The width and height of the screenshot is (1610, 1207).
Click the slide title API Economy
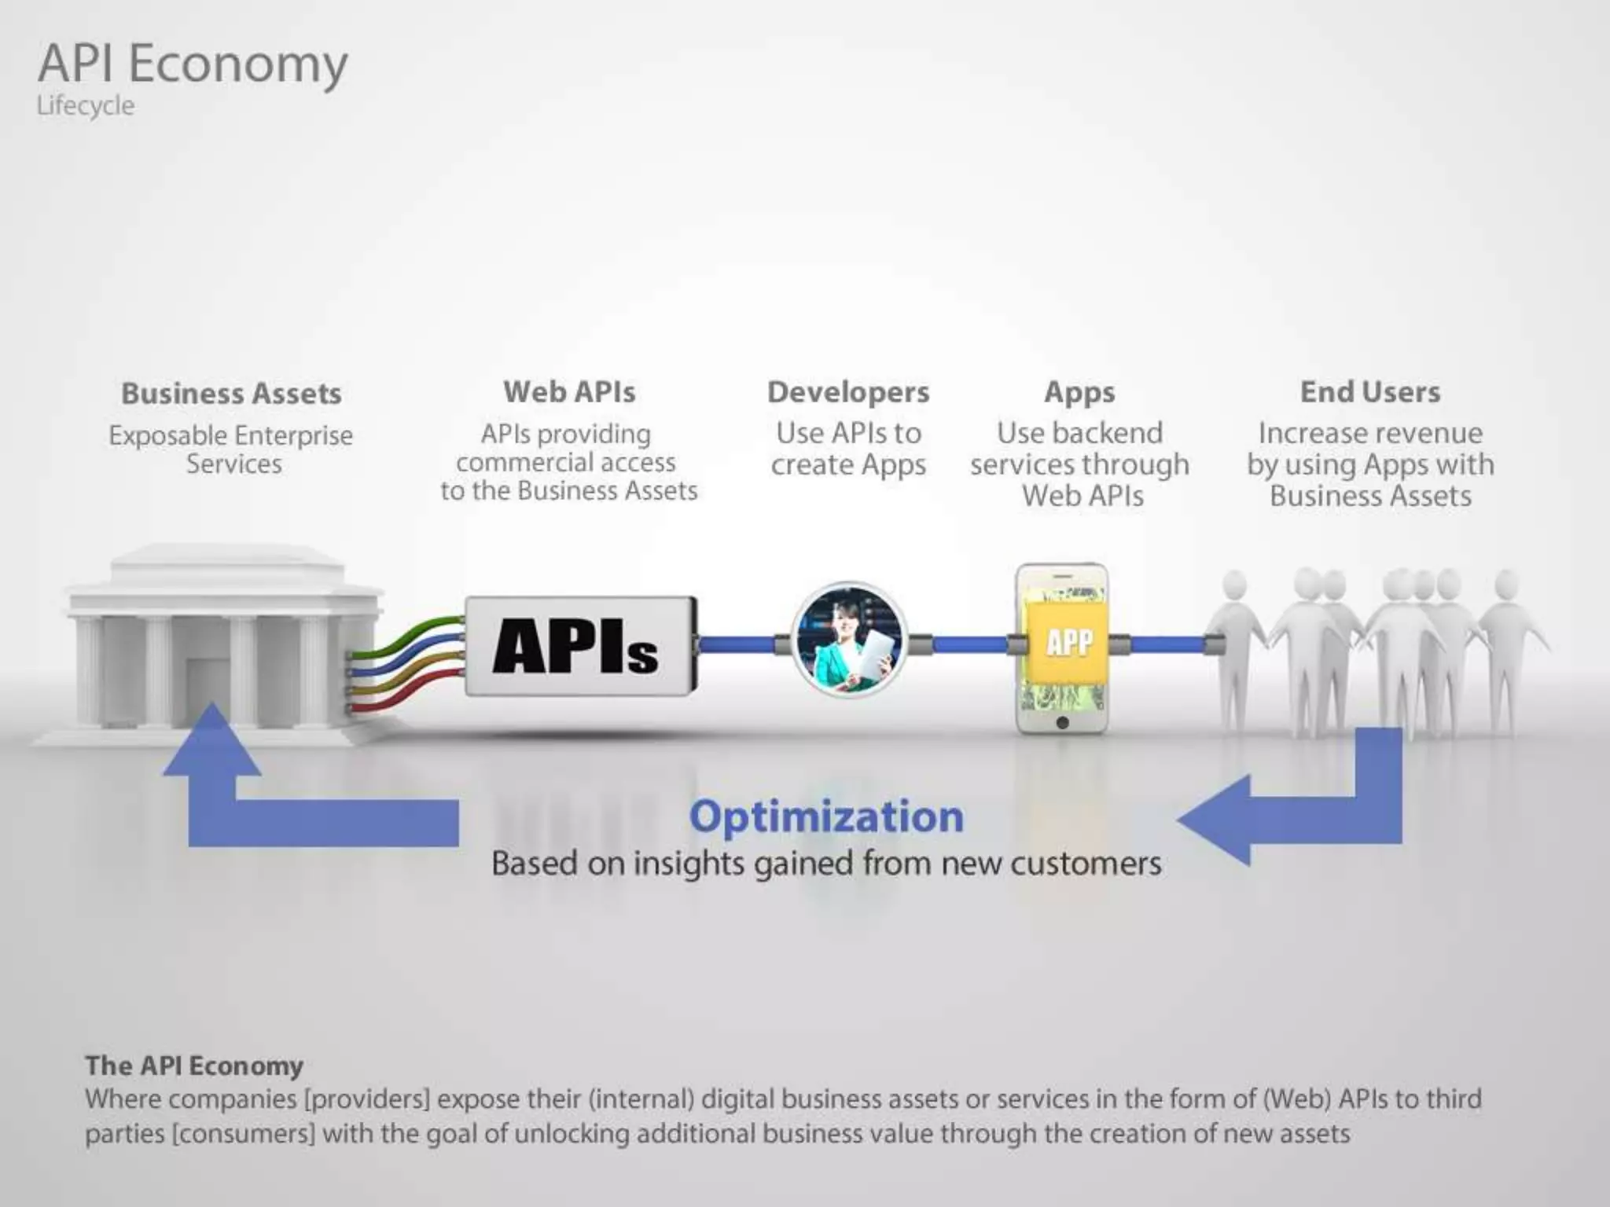click(x=193, y=64)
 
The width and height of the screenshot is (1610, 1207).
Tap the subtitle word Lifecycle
click(x=85, y=105)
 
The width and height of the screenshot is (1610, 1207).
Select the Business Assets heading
click(x=231, y=393)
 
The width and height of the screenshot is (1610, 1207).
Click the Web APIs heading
click(x=569, y=391)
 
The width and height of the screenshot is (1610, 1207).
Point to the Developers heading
click(x=848, y=391)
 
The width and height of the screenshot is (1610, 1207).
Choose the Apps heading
click(x=1079, y=392)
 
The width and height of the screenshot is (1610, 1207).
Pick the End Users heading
click(x=1370, y=391)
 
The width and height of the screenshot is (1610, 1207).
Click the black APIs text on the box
click(x=575, y=646)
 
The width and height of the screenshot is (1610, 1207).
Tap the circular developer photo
click(x=848, y=640)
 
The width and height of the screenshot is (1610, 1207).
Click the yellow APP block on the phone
click(x=1069, y=642)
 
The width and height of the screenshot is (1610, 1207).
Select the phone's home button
click(x=1062, y=723)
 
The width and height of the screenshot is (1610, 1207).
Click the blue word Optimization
click(x=826, y=816)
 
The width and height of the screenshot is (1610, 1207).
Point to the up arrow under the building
click(x=211, y=743)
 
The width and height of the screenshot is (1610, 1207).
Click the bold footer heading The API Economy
click(x=194, y=1066)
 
